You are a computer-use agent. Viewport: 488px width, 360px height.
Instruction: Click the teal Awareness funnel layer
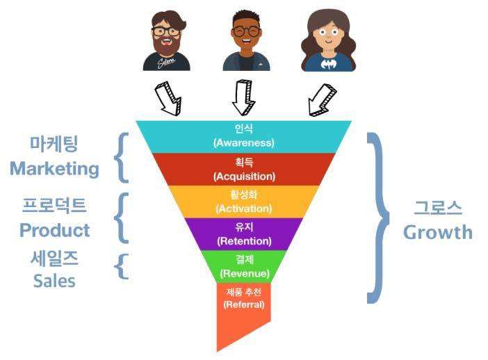coord(244,136)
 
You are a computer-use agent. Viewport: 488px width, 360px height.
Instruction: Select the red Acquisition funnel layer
coord(244,169)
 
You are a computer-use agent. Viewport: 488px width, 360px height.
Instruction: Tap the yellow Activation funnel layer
coord(244,202)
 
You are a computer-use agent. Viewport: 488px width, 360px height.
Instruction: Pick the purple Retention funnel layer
coord(244,234)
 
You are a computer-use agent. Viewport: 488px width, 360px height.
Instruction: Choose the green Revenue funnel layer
coord(244,266)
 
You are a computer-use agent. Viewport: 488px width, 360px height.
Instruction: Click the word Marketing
coord(54,169)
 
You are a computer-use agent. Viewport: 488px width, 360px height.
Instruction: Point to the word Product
coord(54,230)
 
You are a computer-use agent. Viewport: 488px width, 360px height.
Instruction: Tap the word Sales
coord(54,281)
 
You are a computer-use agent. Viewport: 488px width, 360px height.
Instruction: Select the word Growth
coord(437,231)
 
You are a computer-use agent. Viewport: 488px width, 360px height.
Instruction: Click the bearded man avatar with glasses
coord(166,40)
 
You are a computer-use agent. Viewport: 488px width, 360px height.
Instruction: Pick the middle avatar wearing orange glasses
coord(246,40)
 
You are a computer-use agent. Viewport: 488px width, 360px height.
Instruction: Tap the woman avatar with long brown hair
coord(324,40)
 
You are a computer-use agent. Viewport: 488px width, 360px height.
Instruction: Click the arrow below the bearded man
coord(168,98)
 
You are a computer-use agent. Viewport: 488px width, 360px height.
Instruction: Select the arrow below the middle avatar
coord(243,97)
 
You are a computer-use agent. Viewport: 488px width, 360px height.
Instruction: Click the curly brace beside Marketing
coord(124,158)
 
